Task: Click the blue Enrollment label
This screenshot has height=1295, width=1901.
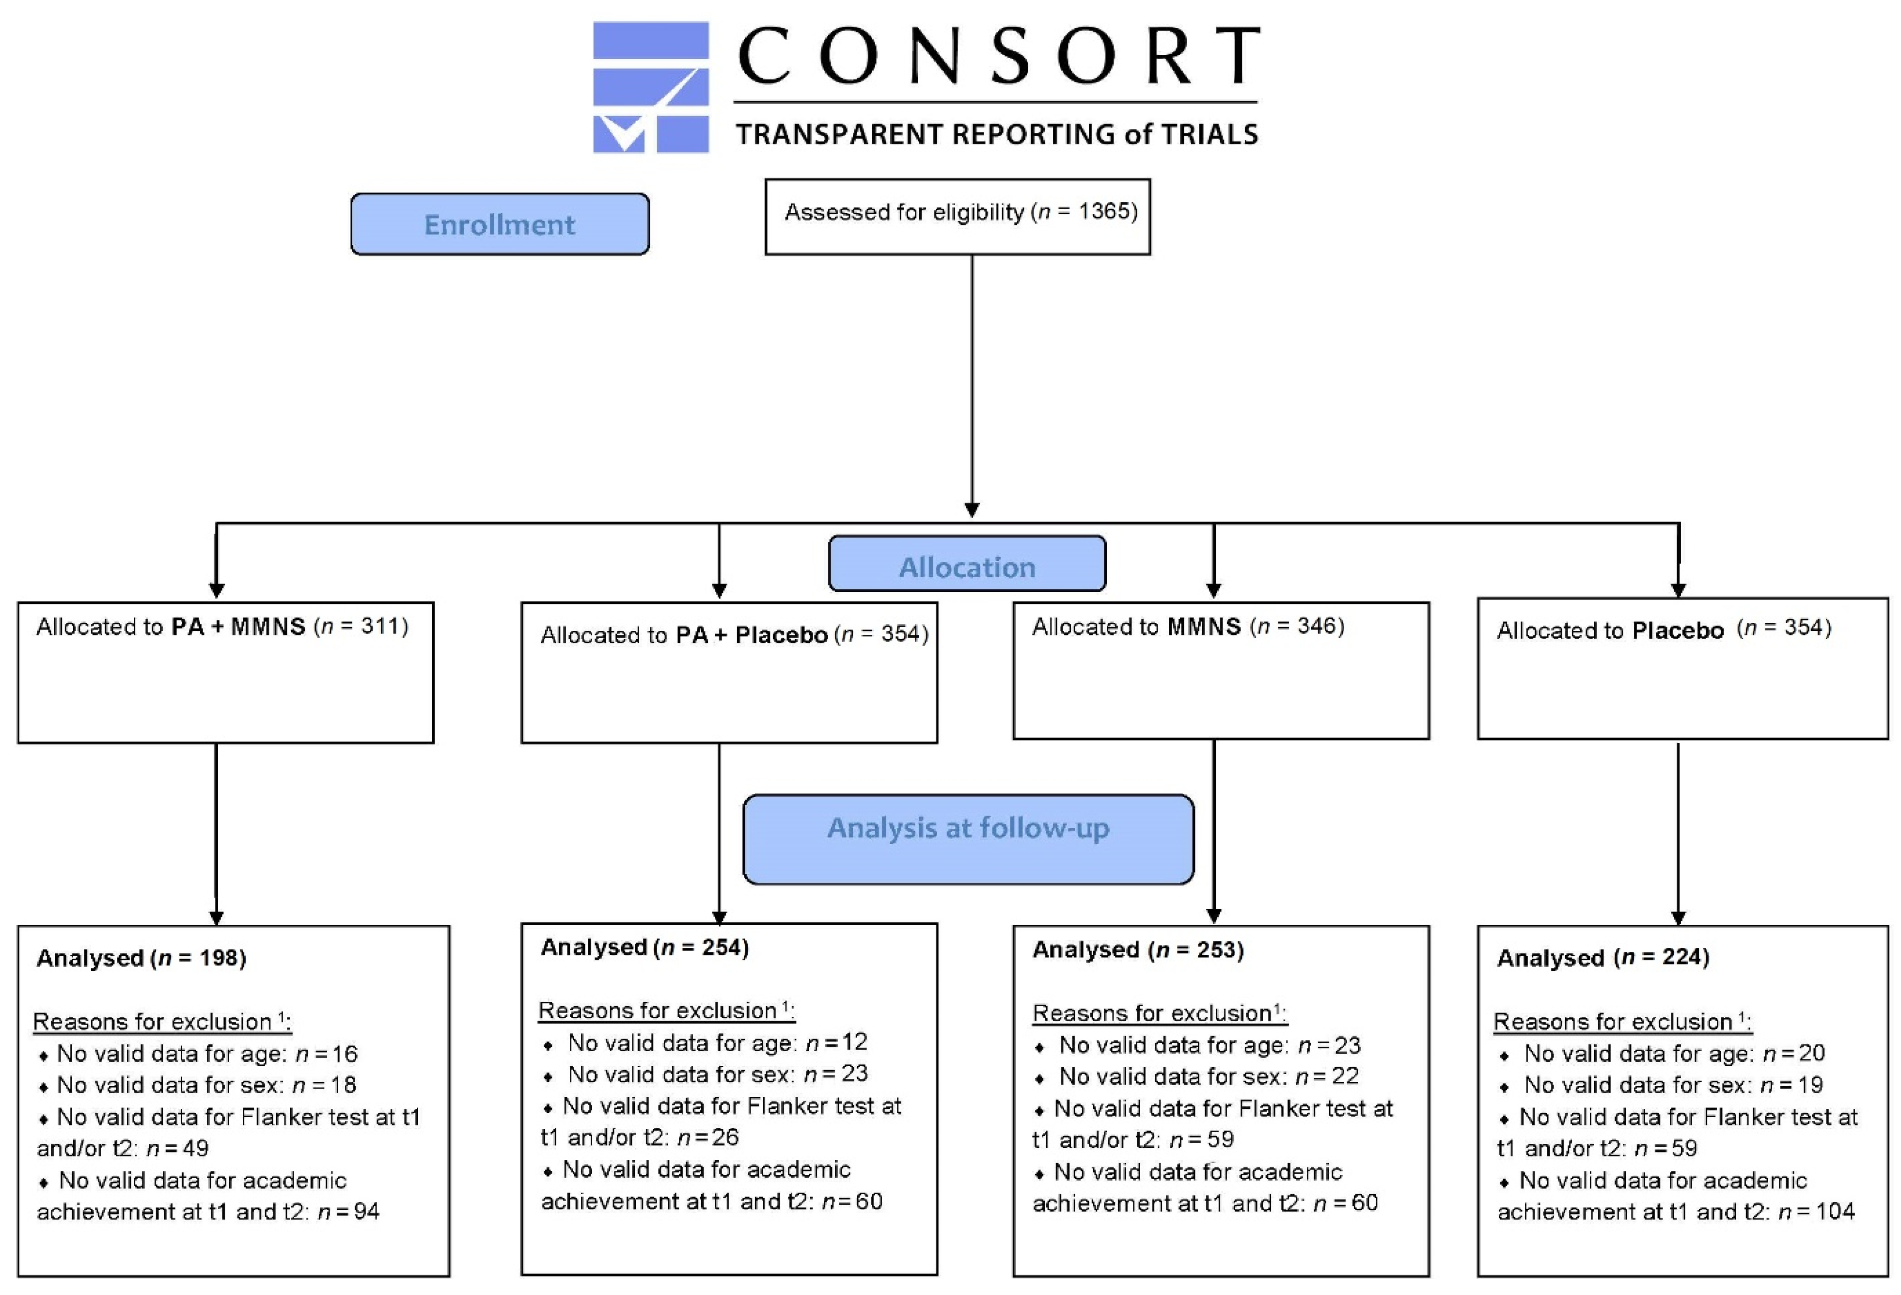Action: click(x=499, y=224)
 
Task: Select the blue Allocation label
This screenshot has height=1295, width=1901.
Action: click(x=967, y=566)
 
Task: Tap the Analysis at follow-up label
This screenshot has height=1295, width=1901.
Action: click(x=968, y=828)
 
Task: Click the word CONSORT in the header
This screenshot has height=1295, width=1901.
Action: click(x=998, y=56)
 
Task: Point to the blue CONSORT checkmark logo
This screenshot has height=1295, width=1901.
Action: click(x=650, y=87)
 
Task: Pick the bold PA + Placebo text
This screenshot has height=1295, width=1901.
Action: click(x=751, y=635)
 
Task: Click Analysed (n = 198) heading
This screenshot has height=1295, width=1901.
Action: click(x=141, y=958)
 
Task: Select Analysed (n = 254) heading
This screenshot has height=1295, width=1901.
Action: click(x=644, y=948)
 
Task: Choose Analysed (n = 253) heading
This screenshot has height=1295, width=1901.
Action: click(x=1138, y=950)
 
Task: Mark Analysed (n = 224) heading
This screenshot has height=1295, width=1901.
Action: click(x=1602, y=957)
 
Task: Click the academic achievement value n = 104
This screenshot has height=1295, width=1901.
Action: click(x=1816, y=1212)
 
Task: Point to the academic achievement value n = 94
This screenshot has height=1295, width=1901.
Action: click(x=348, y=1212)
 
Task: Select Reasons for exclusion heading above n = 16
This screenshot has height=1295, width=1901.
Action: click(x=161, y=1022)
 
